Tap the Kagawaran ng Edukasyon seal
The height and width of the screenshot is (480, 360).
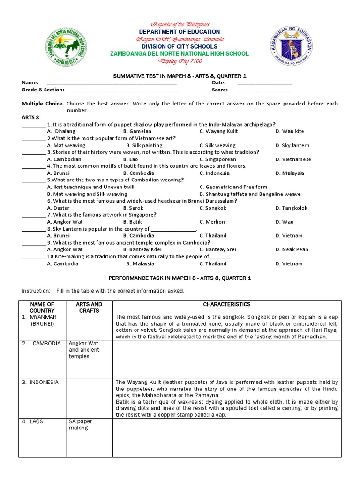click(x=292, y=47)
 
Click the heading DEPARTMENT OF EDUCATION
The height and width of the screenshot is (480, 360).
click(x=180, y=31)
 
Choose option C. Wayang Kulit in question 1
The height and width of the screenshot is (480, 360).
click(x=218, y=131)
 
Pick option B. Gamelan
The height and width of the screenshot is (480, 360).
click(x=135, y=131)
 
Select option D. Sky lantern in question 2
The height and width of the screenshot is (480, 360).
click(x=292, y=145)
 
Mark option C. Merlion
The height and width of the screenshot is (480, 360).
click(x=212, y=222)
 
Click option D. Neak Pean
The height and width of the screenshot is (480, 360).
click(x=291, y=249)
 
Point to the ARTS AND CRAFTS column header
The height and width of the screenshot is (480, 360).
click(x=89, y=307)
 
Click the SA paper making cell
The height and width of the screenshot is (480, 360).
click(x=80, y=425)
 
